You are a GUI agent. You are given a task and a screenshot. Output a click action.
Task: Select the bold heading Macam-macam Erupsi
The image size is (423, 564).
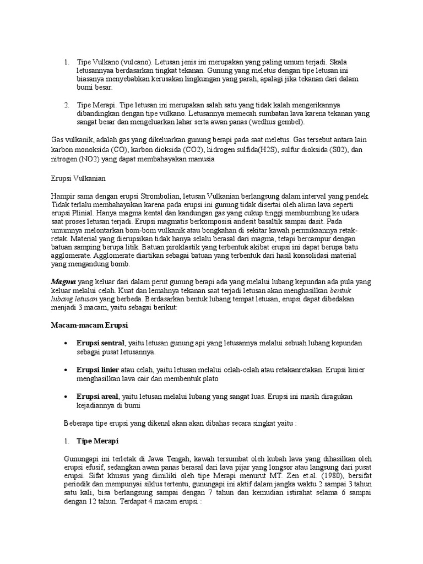[x=89, y=325]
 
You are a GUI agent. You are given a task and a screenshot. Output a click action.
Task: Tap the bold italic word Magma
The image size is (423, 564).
[x=61, y=281]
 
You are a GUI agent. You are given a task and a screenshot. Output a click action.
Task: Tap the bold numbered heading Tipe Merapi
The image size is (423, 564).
[x=97, y=442]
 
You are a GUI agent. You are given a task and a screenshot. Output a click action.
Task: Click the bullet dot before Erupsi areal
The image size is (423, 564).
[x=66, y=397]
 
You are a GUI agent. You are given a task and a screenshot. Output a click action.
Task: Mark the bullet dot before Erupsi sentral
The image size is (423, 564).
[x=66, y=343]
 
